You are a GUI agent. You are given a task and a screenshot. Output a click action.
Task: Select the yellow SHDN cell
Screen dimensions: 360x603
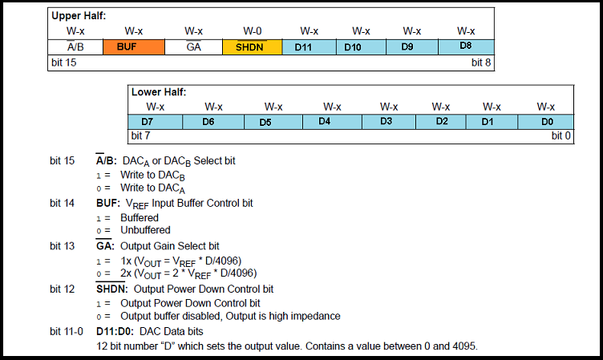[x=252, y=47]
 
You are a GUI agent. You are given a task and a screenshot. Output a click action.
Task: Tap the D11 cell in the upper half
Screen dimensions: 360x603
[x=303, y=47]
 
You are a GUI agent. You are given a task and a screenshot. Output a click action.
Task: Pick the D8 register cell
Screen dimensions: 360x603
[x=466, y=47]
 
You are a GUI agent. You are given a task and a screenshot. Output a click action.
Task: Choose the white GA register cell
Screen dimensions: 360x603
[x=193, y=47]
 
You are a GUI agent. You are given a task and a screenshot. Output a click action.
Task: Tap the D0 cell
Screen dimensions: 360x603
[x=546, y=121]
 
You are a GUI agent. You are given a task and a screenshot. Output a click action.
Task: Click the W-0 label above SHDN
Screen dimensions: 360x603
[x=252, y=31]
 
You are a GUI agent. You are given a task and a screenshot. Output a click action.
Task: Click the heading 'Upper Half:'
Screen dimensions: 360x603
[x=79, y=15]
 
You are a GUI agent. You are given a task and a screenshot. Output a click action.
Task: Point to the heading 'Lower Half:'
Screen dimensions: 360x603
[x=159, y=92]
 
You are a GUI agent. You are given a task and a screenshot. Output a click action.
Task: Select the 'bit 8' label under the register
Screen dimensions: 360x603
[x=481, y=63]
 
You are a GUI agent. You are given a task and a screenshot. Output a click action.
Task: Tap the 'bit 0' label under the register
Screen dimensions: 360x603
[x=561, y=136]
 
